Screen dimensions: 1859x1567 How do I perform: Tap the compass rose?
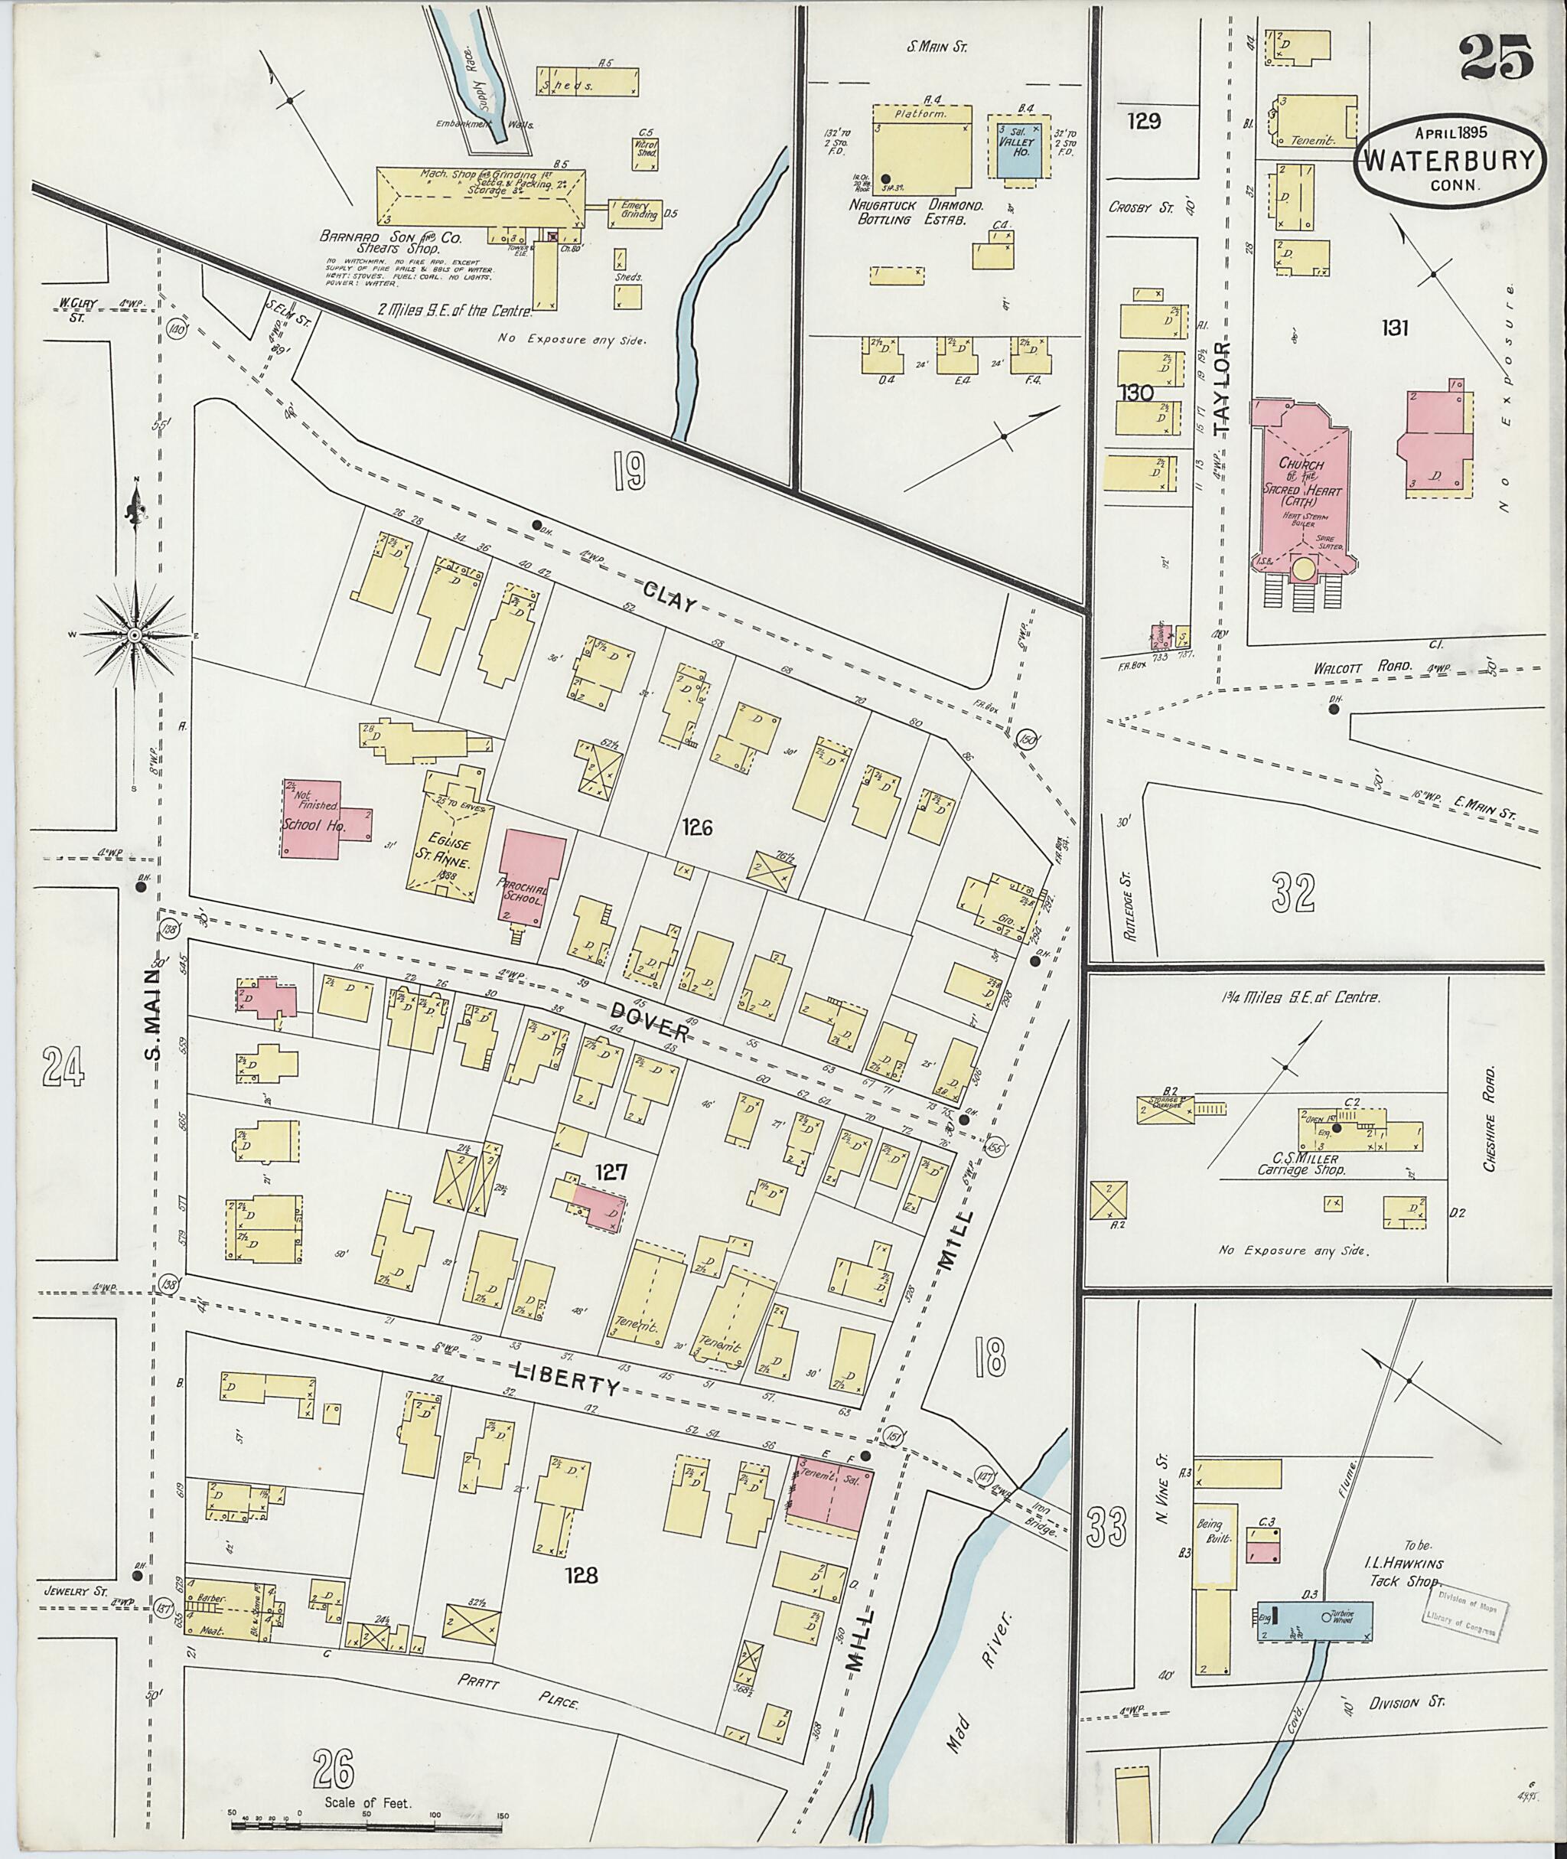click(135, 635)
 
